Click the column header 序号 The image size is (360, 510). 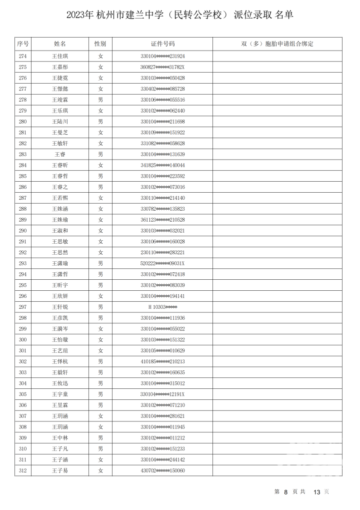(23, 44)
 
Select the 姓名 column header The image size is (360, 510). (60, 44)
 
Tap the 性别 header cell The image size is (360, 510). (100, 44)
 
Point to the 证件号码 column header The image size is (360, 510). (162, 44)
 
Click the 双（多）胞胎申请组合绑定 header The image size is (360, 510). (277, 44)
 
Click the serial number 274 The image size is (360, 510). (23, 56)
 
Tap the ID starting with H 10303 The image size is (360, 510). (162, 307)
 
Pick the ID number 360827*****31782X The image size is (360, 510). (162, 67)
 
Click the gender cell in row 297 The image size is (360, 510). (100, 307)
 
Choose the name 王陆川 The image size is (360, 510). (60, 122)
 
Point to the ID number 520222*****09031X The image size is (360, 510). (162, 263)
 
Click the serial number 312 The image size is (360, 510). (23, 470)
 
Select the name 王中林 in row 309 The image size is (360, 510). (60, 438)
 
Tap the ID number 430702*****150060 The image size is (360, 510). (162, 470)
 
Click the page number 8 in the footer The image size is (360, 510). (285, 492)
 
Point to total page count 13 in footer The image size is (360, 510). (316, 492)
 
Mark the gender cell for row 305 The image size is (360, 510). (100, 394)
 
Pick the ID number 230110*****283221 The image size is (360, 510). (162, 252)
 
